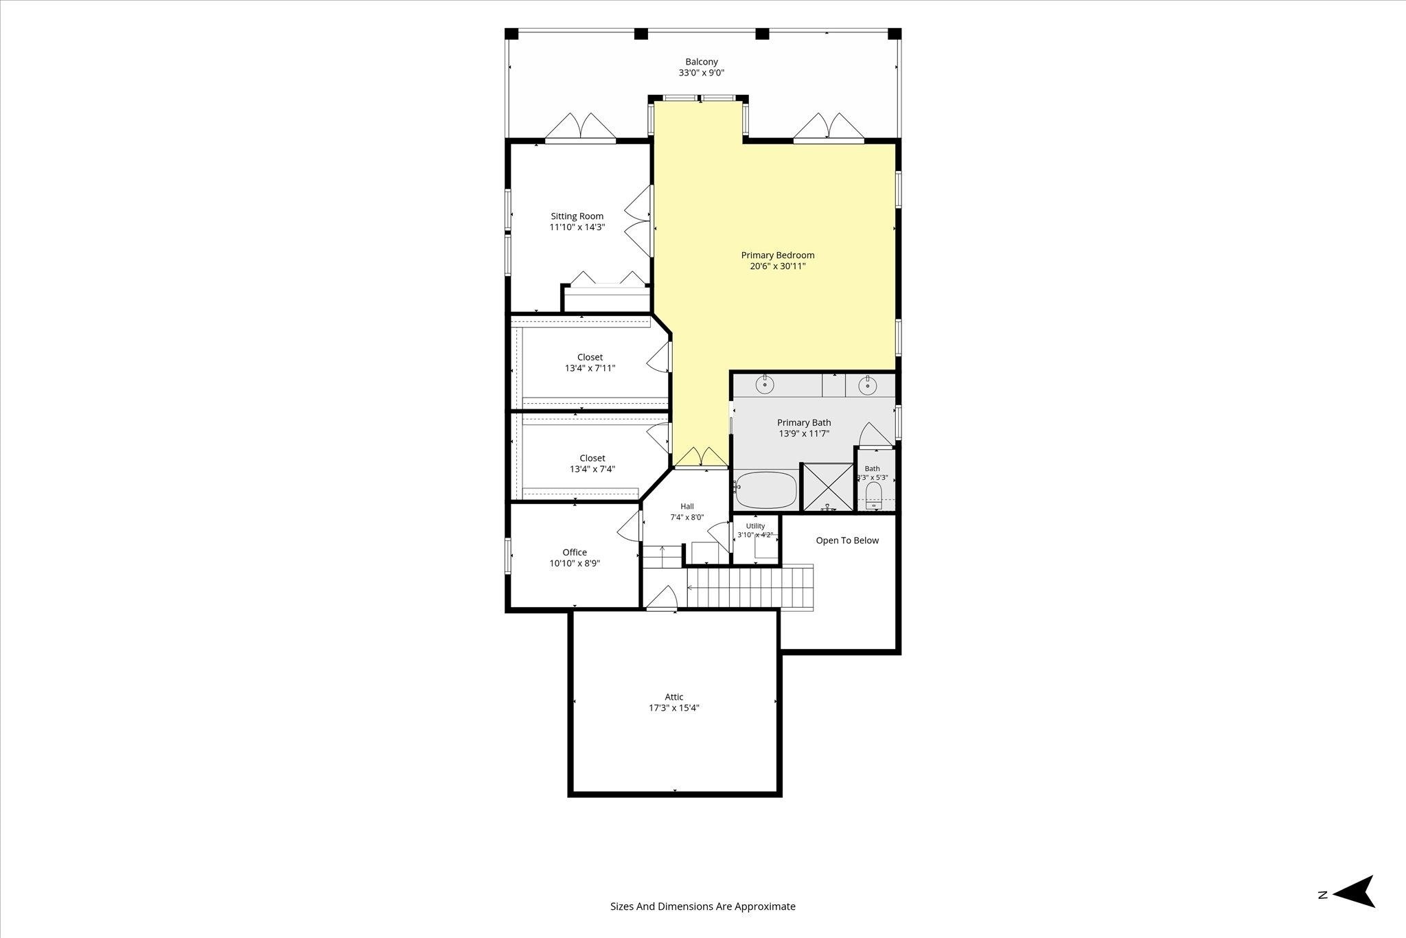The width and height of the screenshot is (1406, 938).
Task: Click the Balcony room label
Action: pos(702,62)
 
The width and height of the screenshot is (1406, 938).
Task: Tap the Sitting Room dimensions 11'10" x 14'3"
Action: pos(577,227)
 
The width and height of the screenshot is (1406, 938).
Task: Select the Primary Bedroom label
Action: pos(778,255)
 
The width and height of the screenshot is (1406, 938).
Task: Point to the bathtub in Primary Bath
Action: pos(766,490)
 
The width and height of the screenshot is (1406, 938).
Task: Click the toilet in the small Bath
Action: pos(874,494)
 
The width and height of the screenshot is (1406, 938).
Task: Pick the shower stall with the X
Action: pos(828,488)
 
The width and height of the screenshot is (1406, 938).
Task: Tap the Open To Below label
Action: pos(847,540)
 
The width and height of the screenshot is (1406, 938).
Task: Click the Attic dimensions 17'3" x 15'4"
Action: pos(674,708)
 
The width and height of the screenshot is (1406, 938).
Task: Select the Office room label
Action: pos(575,552)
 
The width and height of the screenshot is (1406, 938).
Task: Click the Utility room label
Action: pos(755,526)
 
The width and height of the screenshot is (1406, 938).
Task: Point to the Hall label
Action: pos(687,507)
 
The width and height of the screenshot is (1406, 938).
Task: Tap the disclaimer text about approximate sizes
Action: pos(703,906)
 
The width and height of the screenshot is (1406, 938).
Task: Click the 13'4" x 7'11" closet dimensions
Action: pos(590,369)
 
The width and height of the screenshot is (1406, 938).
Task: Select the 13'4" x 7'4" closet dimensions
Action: pos(592,470)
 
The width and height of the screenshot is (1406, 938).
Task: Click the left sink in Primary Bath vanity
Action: pos(765,385)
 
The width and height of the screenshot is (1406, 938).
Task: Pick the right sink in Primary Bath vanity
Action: pos(868,385)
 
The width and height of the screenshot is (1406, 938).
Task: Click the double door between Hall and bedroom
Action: pos(700,457)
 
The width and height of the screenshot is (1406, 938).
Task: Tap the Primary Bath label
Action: pos(804,423)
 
